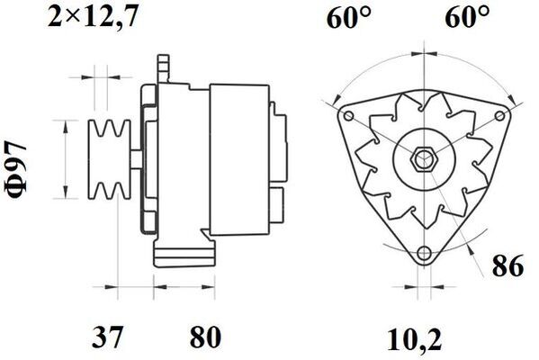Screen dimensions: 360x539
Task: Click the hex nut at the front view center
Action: point(422,159)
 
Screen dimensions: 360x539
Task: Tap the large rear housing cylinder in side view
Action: point(238,157)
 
